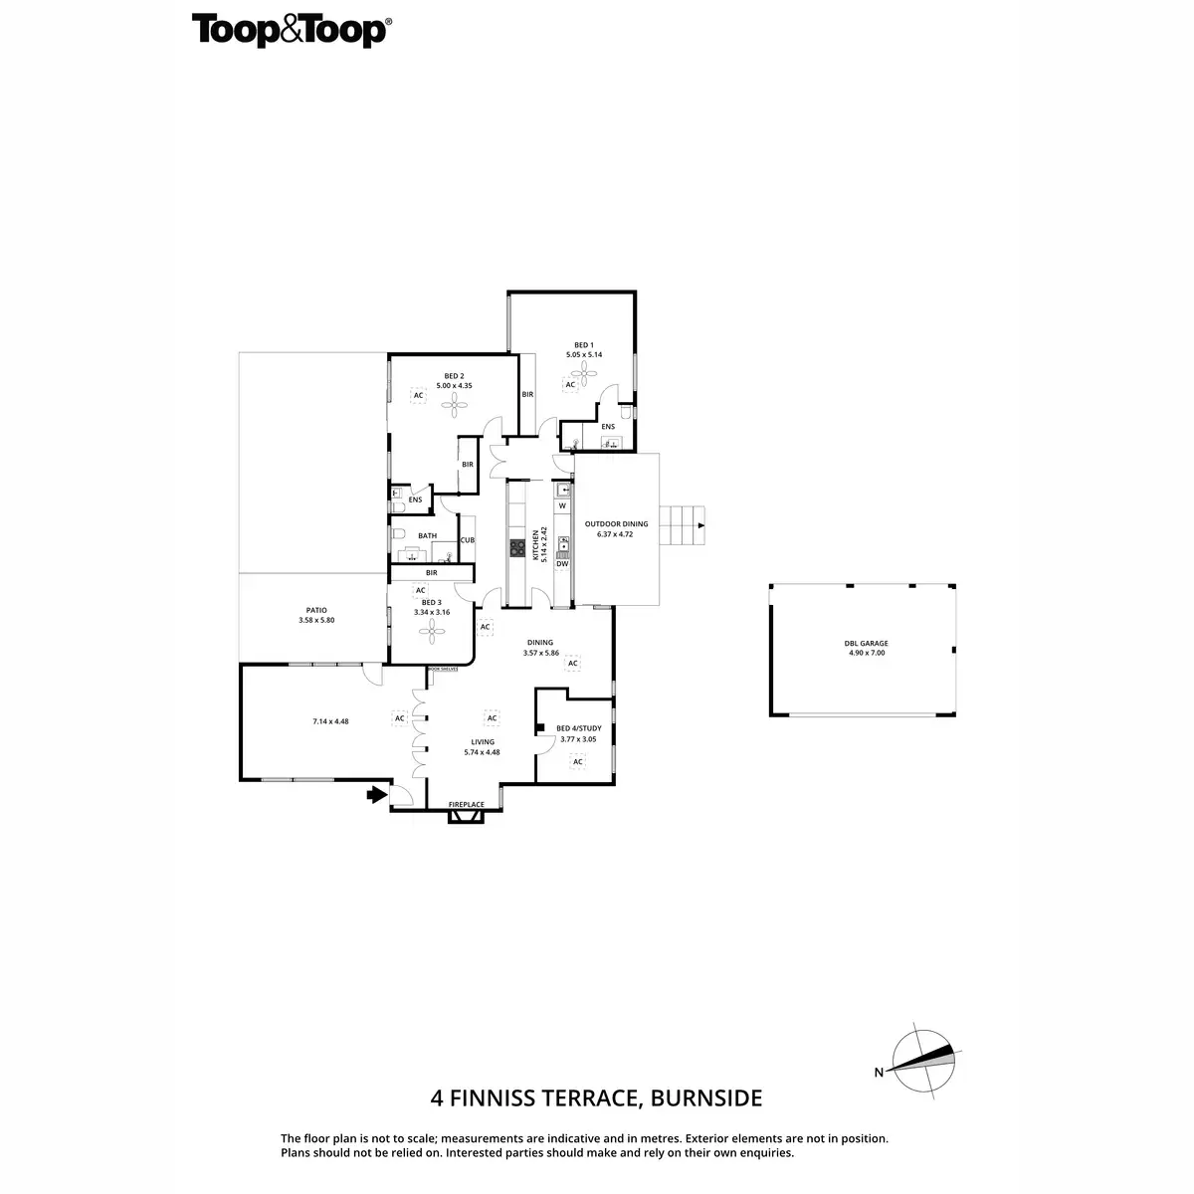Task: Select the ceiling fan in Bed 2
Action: pos(457,402)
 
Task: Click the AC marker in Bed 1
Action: pos(571,385)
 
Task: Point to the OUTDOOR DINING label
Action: pos(616,523)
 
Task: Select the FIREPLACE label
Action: pos(466,804)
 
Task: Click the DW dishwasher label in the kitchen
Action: pos(562,564)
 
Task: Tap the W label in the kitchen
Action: pos(562,505)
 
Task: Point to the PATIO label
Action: pos(316,611)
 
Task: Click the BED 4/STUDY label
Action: pos(578,728)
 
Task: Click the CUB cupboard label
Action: pos(467,540)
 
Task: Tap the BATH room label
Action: pos(427,535)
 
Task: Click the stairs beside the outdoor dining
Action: pos(683,525)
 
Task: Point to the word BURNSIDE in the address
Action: pos(707,1098)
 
